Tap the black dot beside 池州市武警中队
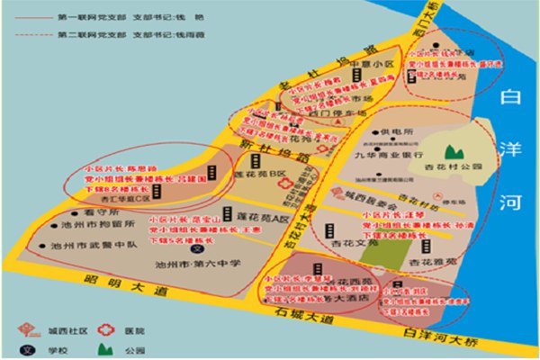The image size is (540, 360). pos(33,243)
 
